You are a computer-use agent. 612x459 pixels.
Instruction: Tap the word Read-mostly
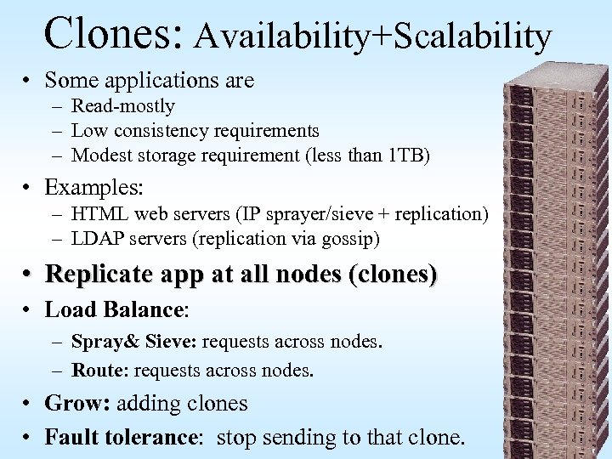coord(123,107)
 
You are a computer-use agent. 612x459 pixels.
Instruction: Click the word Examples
coord(93,187)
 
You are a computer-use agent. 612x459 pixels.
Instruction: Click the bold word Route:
coord(100,371)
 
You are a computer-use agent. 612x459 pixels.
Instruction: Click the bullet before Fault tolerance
coord(28,439)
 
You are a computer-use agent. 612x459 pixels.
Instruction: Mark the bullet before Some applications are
coord(28,81)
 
